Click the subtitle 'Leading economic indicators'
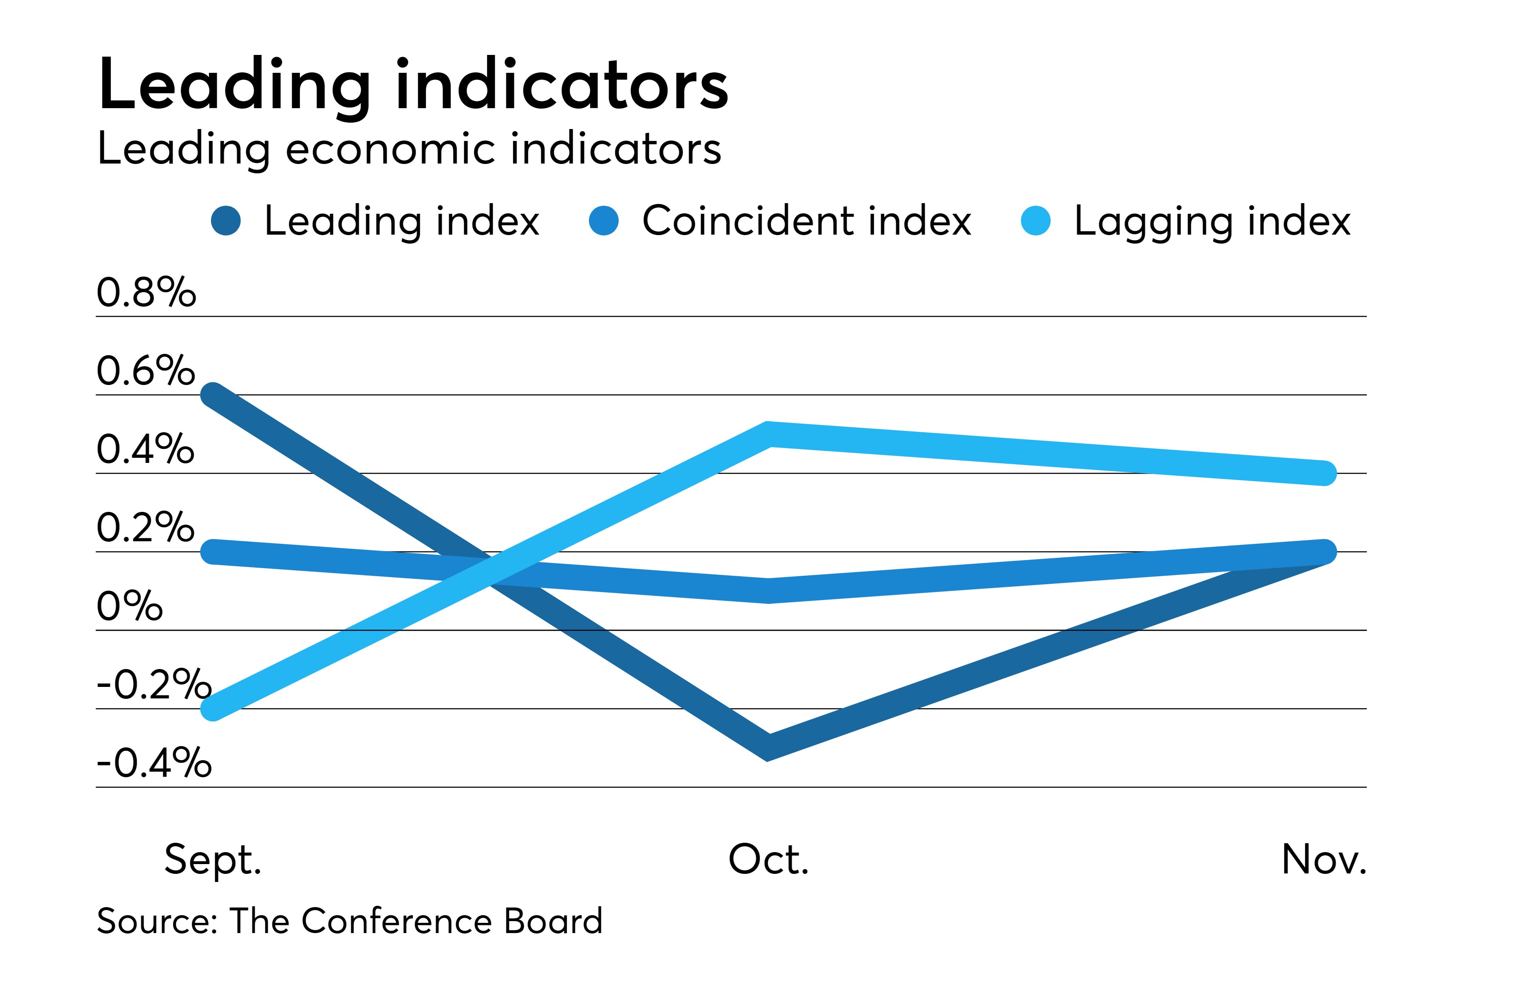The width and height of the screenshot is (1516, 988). click(409, 149)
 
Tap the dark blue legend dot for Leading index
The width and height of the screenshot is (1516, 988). click(226, 221)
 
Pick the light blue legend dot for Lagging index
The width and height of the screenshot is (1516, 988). click(1035, 221)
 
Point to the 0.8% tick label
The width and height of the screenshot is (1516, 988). click(146, 293)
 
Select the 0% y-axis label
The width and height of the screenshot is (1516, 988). click(129, 606)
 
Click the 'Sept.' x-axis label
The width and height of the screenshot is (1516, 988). click(213, 859)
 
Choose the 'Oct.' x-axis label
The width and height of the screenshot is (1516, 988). click(768, 859)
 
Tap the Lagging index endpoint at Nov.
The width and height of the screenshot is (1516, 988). click(1325, 473)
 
